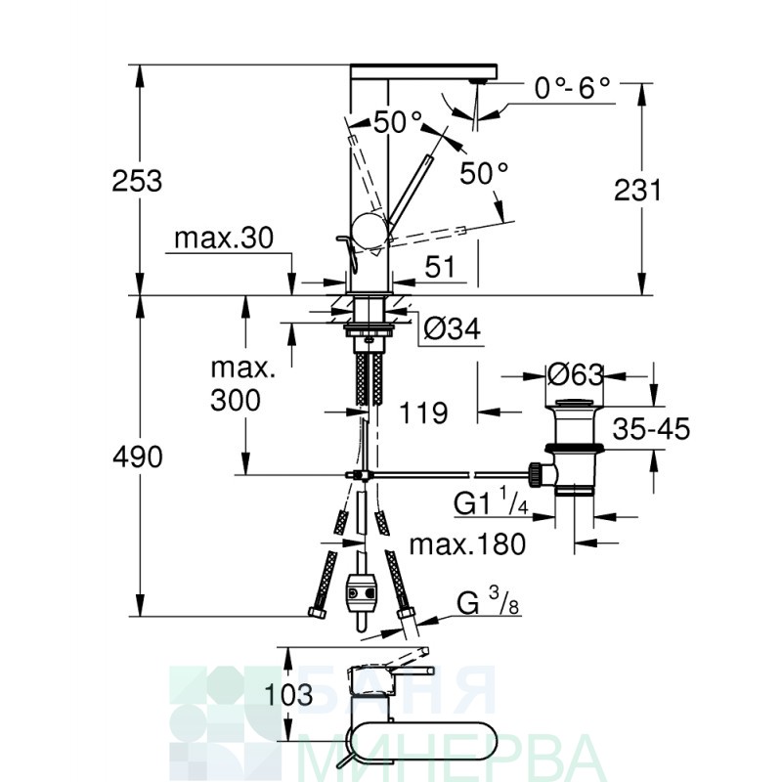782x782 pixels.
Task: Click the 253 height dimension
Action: click(x=137, y=181)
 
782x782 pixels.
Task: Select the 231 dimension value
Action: click(x=637, y=190)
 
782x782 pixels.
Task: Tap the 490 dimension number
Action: click(x=138, y=456)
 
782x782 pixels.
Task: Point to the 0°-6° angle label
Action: click(x=572, y=89)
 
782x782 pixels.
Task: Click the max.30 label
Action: click(x=224, y=239)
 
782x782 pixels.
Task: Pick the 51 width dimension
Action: click(x=440, y=267)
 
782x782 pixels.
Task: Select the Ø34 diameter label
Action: click(x=453, y=328)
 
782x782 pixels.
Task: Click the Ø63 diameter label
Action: click(x=576, y=375)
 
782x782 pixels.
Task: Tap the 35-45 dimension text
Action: click(x=651, y=429)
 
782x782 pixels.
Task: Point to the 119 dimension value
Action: click(x=423, y=413)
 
